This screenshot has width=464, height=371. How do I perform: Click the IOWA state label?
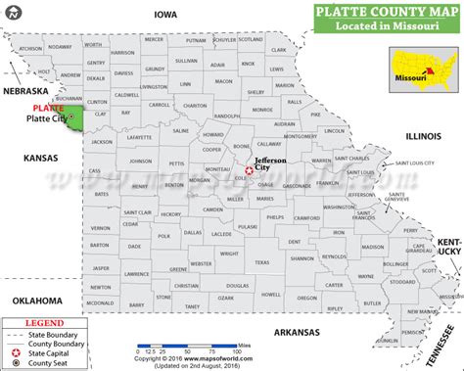pyautogui.click(x=164, y=15)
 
